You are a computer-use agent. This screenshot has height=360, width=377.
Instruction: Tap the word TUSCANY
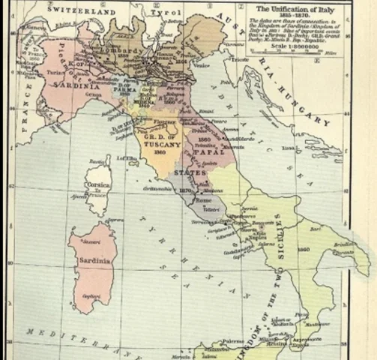pyautogui.click(x=162, y=145)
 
